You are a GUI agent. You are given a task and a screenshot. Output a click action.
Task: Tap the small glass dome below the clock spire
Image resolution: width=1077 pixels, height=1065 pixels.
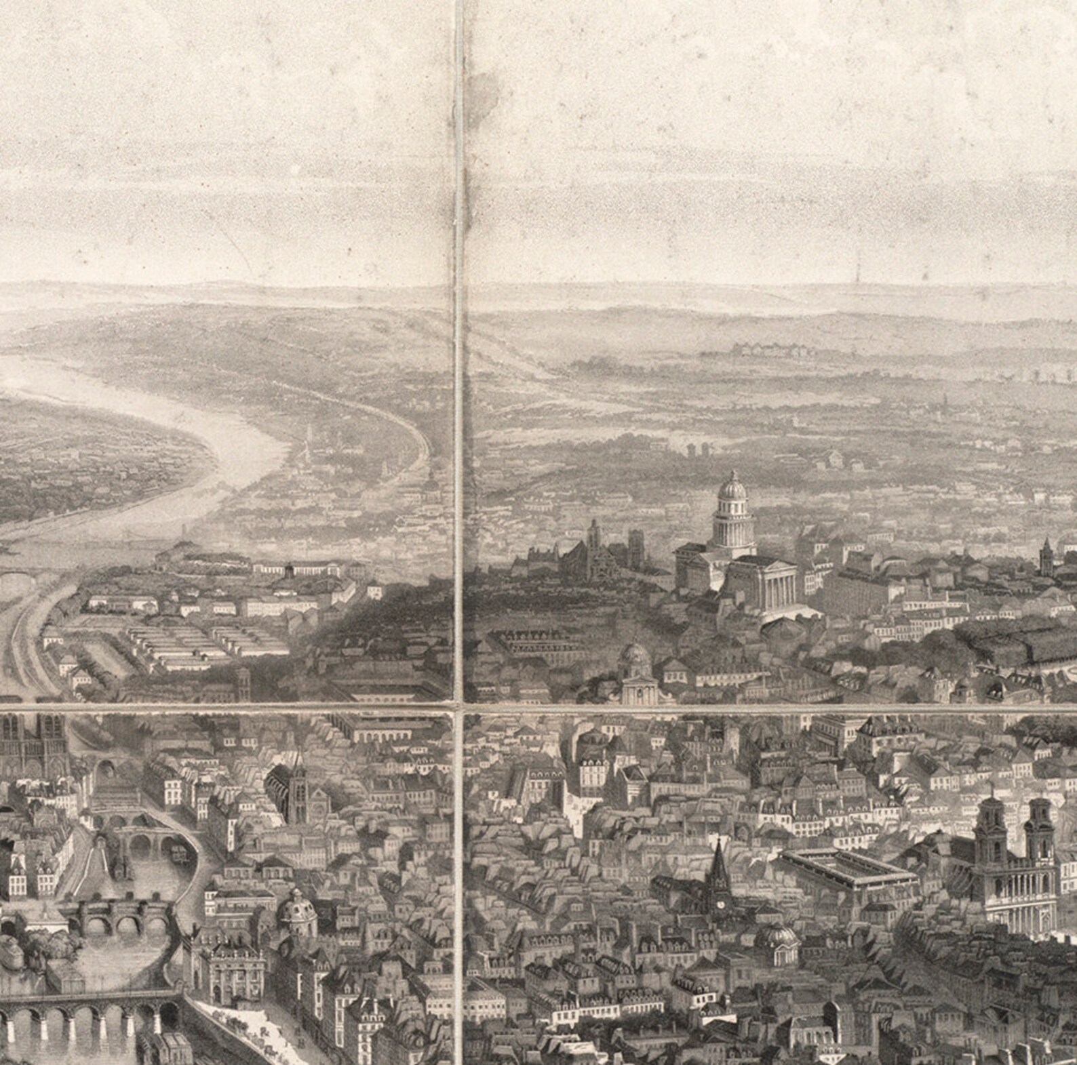pyautogui.click(x=777, y=937)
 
